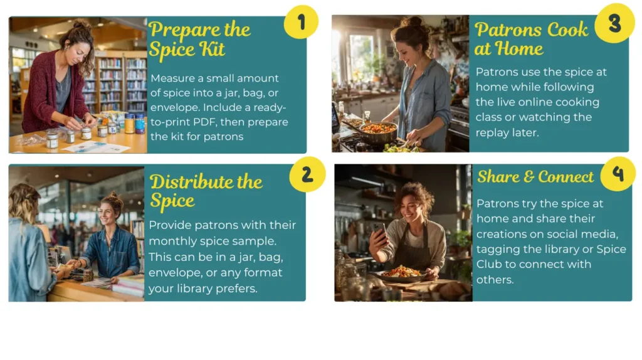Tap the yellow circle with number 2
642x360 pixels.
(x=307, y=174)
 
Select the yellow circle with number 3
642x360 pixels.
(x=614, y=23)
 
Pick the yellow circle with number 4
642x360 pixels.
(x=618, y=174)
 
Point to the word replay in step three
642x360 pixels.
(x=492, y=133)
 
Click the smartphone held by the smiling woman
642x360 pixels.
(x=380, y=233)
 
